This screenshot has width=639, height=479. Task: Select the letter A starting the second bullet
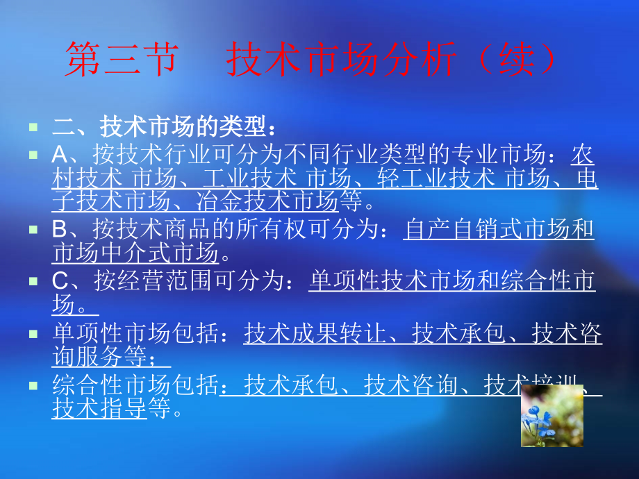pos(60,156)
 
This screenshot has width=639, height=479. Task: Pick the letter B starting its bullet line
pos(60,230)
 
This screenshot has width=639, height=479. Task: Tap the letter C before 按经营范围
pos(60,282)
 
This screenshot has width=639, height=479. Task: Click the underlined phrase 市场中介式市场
pos(135,253)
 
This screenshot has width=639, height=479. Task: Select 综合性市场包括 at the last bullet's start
pos(135,385)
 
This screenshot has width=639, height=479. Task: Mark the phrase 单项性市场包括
pos(135,334)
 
